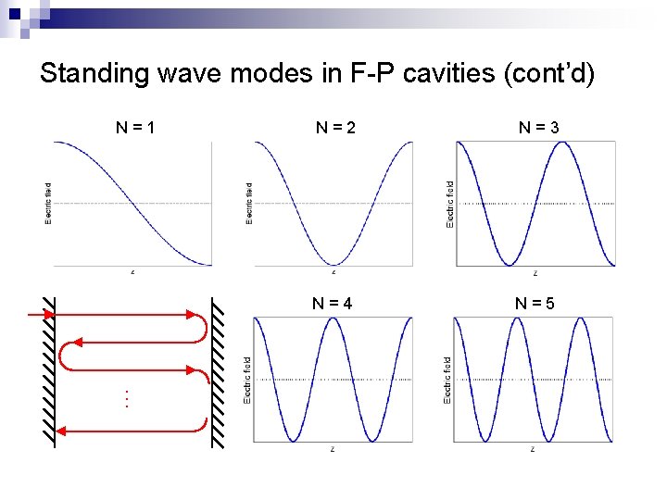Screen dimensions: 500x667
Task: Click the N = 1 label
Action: point(135,128)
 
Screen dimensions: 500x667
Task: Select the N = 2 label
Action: point(335,128)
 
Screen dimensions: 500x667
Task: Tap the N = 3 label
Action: point(538,128)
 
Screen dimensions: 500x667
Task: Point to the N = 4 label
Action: point(333,302)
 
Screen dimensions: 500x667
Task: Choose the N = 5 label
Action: point(535,302)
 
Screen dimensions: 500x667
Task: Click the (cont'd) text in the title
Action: point(560,73)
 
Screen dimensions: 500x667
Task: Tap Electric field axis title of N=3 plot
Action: point(450,204)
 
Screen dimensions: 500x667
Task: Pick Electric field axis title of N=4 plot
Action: point(247,380)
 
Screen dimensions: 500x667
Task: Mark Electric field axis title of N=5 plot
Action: point(448,380)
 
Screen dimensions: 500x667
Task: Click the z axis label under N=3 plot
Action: point(535,273)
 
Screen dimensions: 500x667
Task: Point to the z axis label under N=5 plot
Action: point(533,449)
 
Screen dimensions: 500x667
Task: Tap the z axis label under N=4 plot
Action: point(333,449)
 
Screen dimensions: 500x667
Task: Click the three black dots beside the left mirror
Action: point(126,399)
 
